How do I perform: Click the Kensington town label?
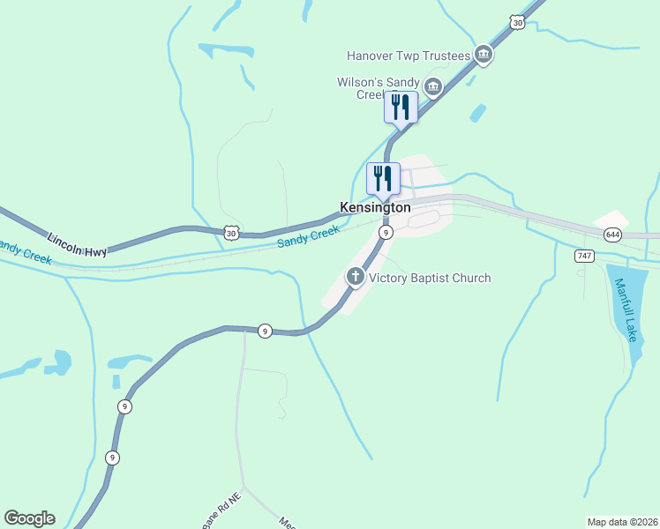(375, 208)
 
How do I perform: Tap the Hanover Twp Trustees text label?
(409, 56)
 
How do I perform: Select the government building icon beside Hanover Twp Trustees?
(484, 56)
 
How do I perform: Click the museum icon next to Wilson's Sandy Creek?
(432, 86)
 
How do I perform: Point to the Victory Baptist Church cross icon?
(355, 278)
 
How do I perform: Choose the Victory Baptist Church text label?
(430, 279)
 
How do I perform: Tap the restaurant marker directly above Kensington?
(383, 179)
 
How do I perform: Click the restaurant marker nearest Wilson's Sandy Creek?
(401, 108)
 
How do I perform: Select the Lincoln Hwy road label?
(77, 245)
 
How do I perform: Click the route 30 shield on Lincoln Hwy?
(230, 233)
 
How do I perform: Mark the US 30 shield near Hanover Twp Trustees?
(517, 22)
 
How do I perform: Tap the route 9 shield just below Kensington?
(386, 232)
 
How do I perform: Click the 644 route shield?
(612, 235)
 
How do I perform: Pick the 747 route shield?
(583, 256)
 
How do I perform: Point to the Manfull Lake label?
(625, 309)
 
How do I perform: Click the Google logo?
(29, 518)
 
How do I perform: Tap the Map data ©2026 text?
(621, 521)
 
